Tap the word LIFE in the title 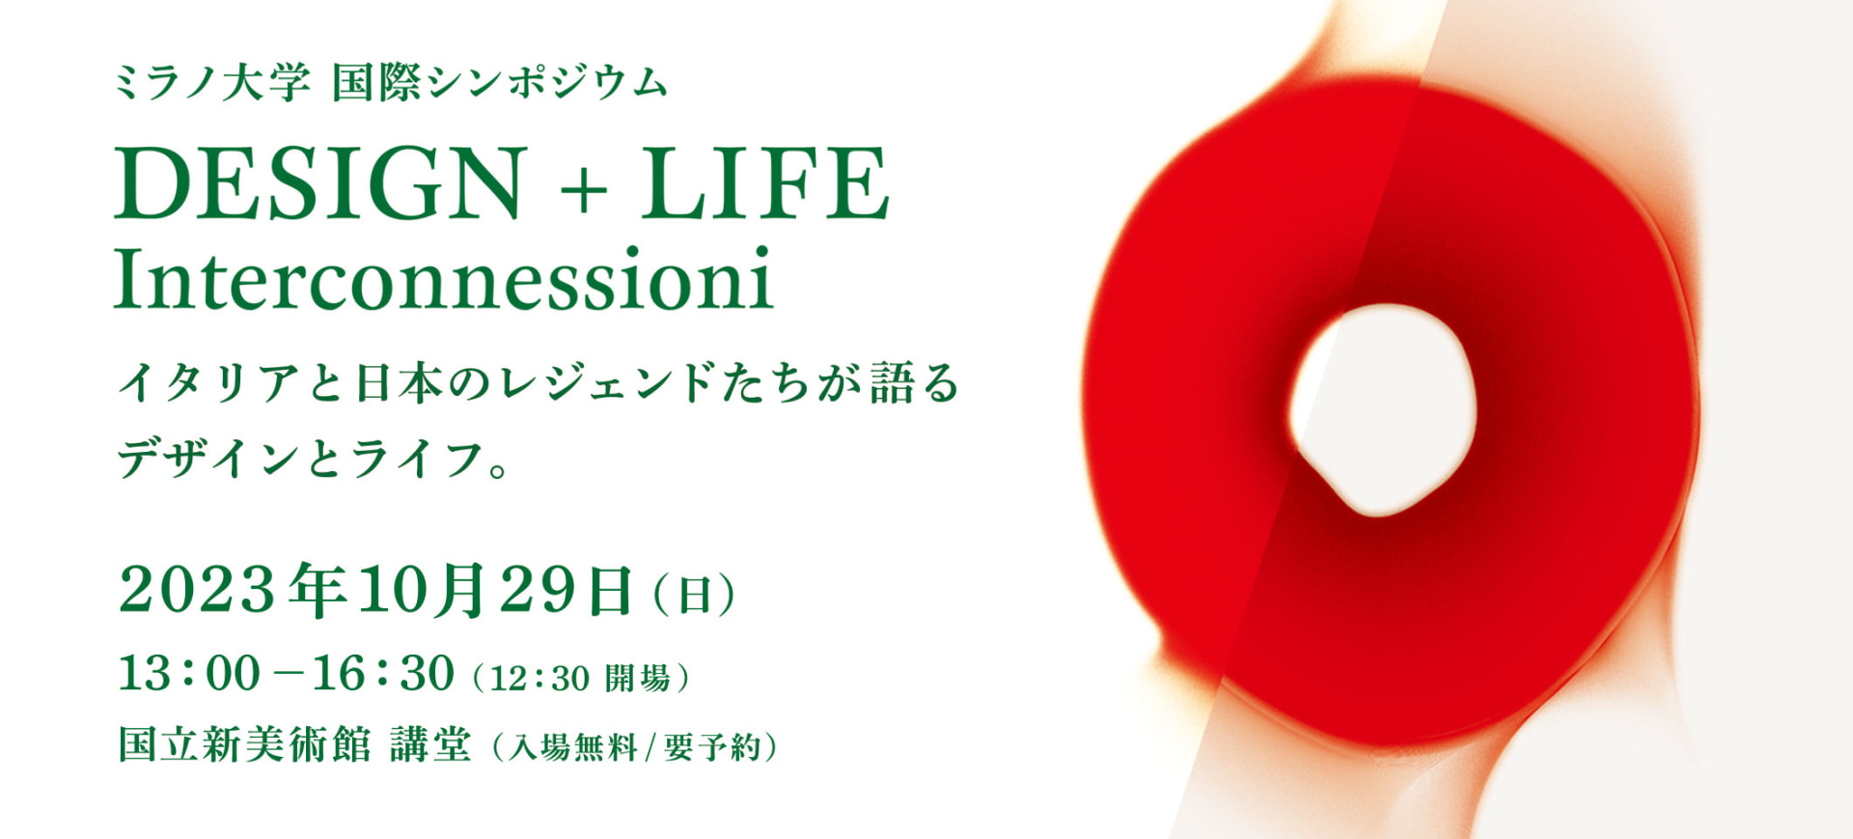pos(764,183)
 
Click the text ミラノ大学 pos(212,82)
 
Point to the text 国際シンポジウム pos(500,82)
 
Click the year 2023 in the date pos(198,589)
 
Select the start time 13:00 pos(189,673)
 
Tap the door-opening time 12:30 pos(539,678)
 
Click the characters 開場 pos(638,678)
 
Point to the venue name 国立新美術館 pos(244,744)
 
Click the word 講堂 pos(431,744)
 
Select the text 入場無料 pos(573,747)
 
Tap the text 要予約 pos(712,747)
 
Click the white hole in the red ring pos(1382,408)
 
